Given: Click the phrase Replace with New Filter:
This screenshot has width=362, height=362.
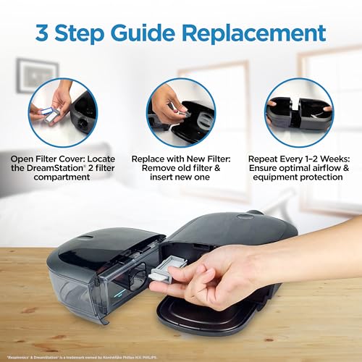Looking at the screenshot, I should [x=181, y=157].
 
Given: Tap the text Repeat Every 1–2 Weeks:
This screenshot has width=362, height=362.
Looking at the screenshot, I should [x=298, y=157].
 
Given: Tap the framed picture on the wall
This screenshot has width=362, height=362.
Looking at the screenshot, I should [x=35, y=76].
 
